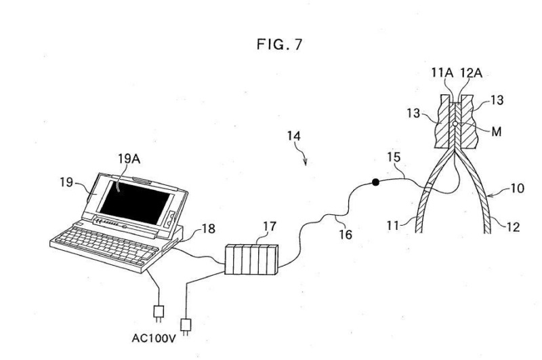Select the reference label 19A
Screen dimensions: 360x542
(127, 160)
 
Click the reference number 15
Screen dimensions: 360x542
(393, 157)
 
